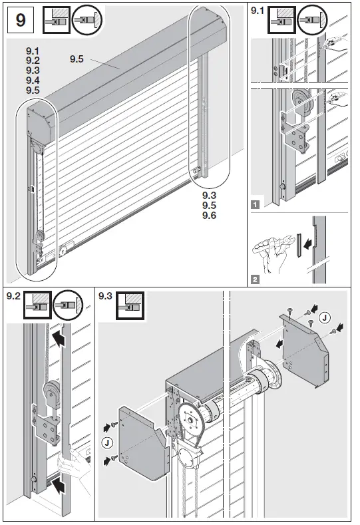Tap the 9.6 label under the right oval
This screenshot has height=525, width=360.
coord(211,215)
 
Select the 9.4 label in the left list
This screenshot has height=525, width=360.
coord(33,79)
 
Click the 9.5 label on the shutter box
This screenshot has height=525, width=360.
coord(76,59)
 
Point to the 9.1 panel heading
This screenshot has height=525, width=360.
coord(256,11)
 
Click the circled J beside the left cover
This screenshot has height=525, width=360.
coord(106,442)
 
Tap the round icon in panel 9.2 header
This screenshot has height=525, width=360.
coord(67,305)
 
